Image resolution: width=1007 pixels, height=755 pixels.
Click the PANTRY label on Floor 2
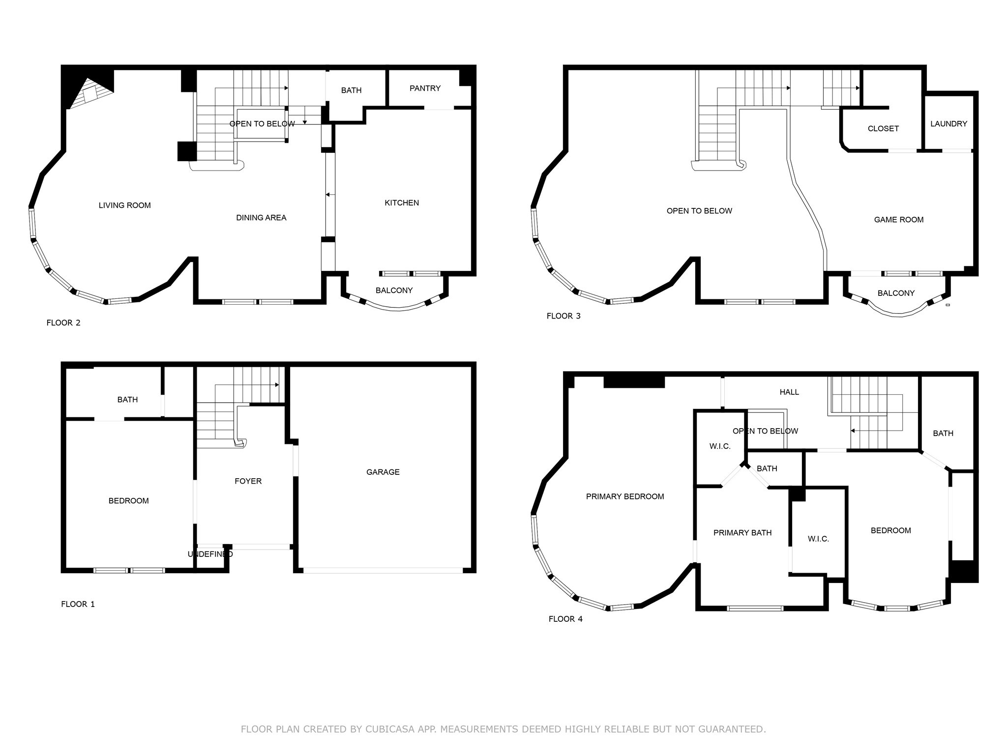click(x=425, y=88)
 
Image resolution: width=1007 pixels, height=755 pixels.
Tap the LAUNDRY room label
click(x=948, y=124)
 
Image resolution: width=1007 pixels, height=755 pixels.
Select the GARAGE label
click(x=383, y=472)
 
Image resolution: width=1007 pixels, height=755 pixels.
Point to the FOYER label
click(x=248, y=481)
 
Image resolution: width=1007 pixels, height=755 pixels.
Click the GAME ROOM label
click(x=898, y=220)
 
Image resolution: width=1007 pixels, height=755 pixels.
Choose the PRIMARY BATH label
click(x=742, y=533)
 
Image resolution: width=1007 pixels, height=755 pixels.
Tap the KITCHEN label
click(x=401, y=203)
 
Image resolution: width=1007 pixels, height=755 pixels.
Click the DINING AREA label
click(x=261, y=218)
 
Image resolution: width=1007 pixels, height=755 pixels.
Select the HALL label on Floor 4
click(x=789, y=392)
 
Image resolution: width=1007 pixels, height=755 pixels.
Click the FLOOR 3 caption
click(x=563, y=316)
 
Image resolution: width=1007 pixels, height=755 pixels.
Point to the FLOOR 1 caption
click(x=78, y=604)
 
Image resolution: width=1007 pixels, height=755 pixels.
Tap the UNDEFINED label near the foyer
click(x=210, y=554)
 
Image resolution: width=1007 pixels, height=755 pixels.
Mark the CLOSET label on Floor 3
click(x=883, y=129)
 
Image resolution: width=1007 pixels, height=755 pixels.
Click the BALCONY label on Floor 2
click(x=394, y=290)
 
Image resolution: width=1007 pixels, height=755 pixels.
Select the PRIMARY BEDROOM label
click(x=624, y=496)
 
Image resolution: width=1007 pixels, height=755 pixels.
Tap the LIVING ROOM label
click(x=124, y=205)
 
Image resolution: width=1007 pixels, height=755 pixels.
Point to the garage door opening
click(x=383, y=571)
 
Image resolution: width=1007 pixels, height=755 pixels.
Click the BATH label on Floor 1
click(x=127, y=400)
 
